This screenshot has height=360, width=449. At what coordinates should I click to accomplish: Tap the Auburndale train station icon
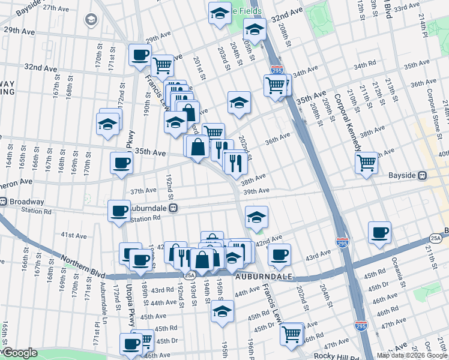coord(173,208)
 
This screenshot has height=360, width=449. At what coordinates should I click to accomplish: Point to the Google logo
coord(20,353)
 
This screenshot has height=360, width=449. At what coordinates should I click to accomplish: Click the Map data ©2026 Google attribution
coord(412,355)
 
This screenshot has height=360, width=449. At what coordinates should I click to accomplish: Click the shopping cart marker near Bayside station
coord(366,162)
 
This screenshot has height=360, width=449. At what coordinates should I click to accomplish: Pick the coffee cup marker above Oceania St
coord(379,232)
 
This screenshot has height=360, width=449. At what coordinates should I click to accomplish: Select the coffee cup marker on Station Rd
coord(119,210)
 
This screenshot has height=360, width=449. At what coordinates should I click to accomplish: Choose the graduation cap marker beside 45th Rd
coord(222,311)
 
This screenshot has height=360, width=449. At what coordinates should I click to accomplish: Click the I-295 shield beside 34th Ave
coord(277,70)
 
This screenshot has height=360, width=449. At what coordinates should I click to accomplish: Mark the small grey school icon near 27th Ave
coord(91,20)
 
